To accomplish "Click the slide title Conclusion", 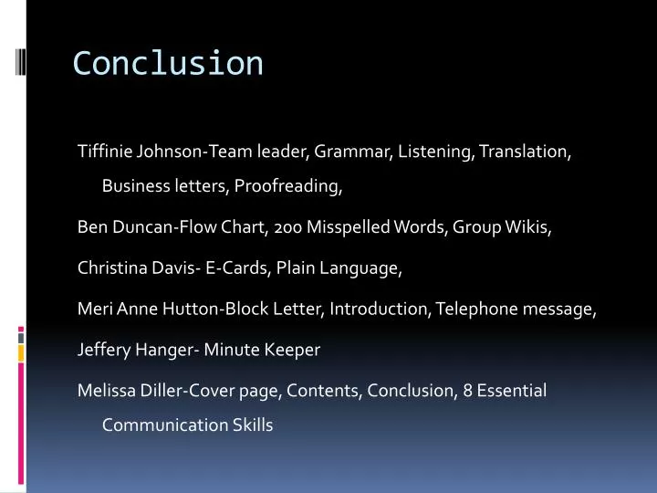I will pos(168,64).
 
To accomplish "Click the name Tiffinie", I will pos(105,152).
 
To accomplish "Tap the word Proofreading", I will pos(288,186).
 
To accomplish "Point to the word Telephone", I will pos(476,309).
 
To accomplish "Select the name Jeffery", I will pos(104,350).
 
